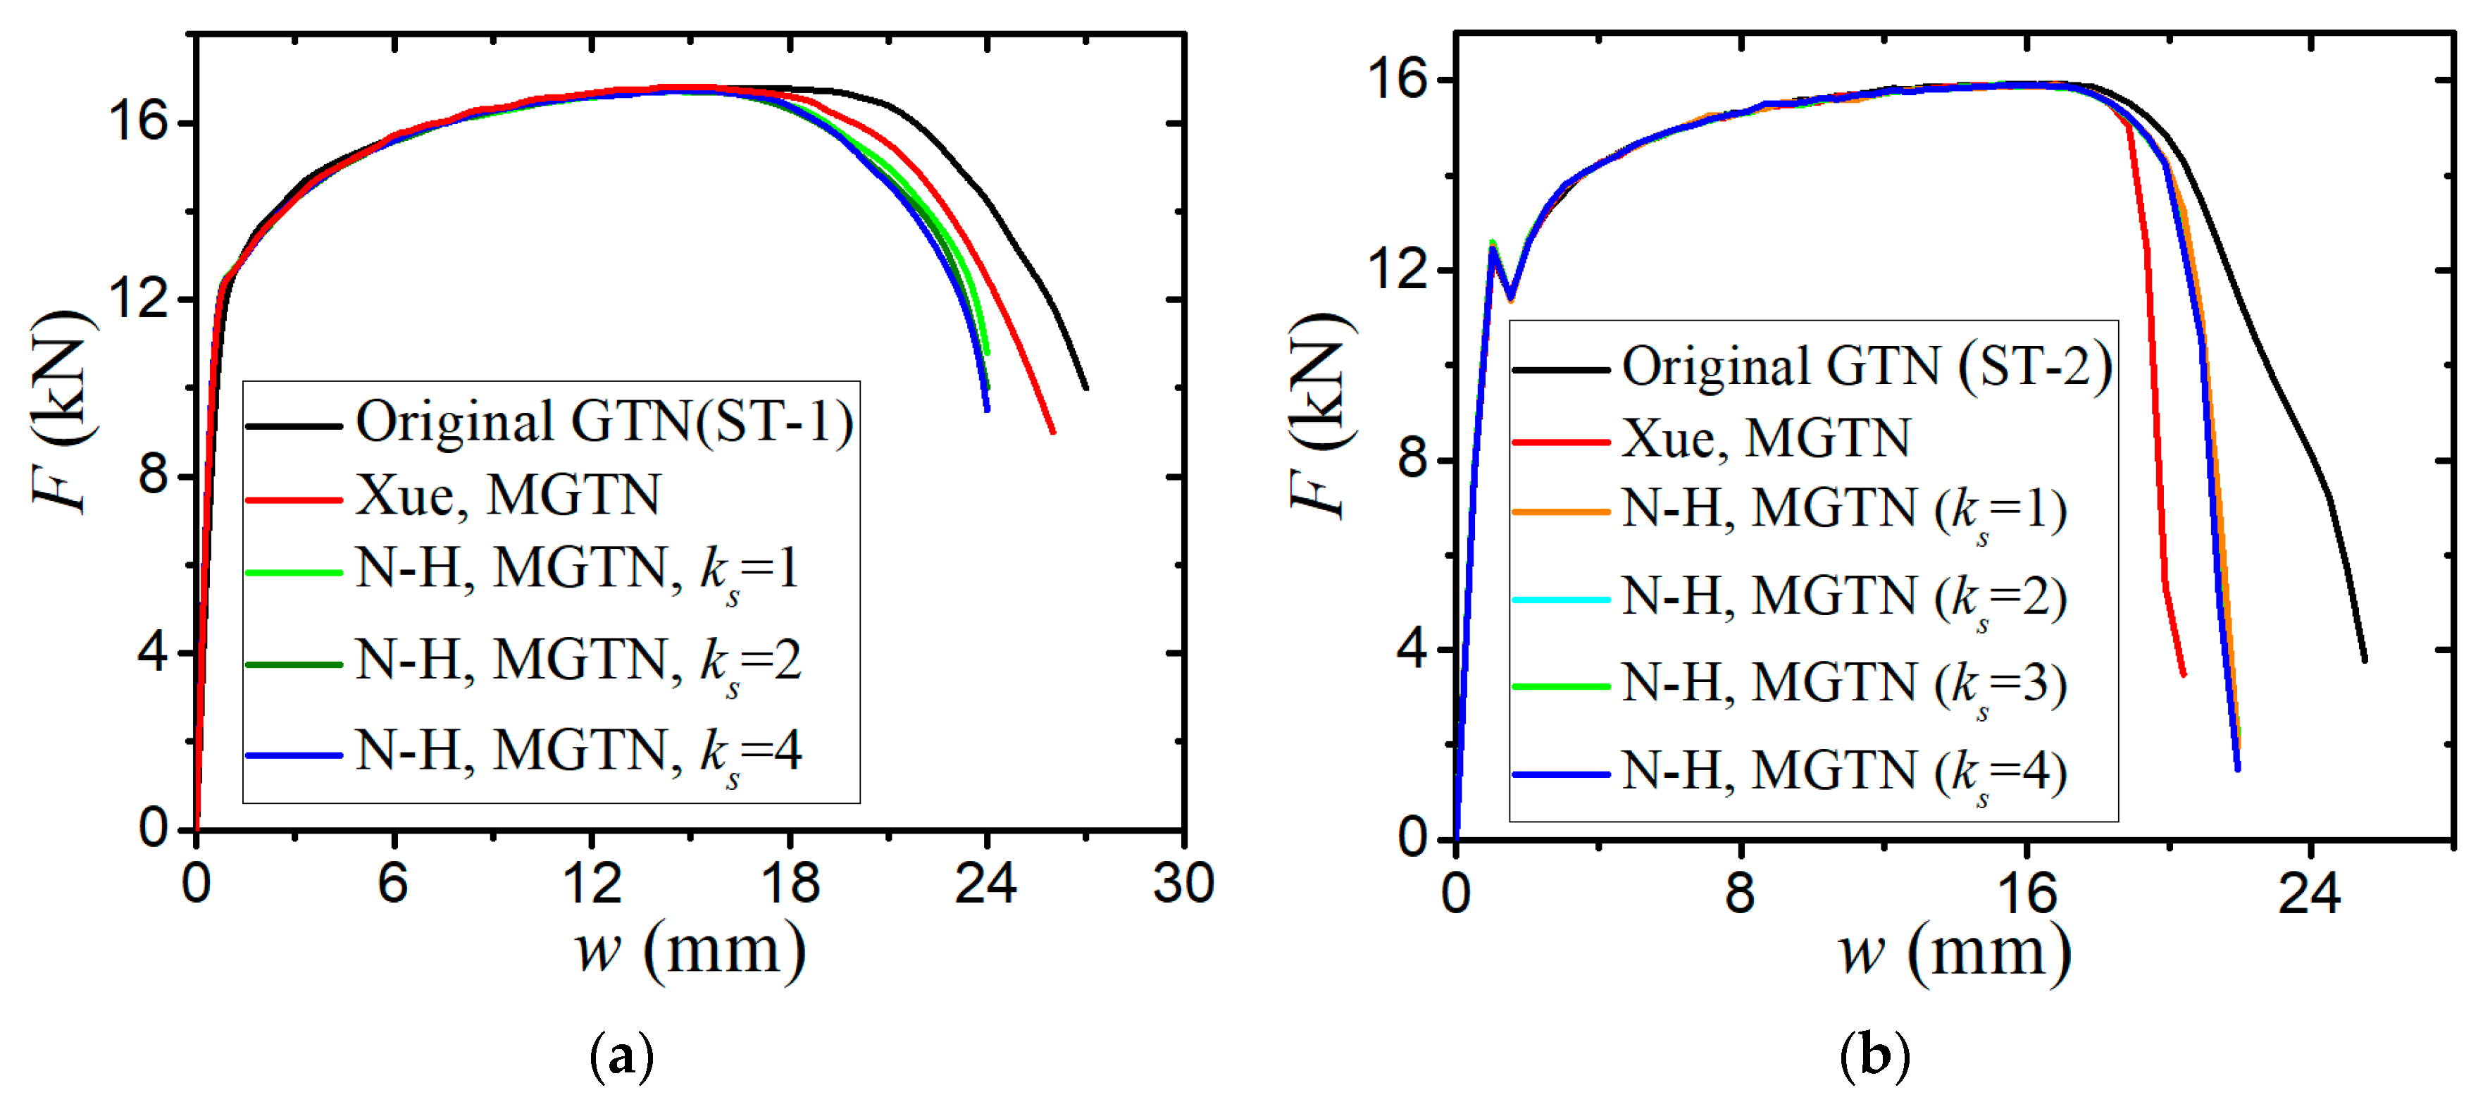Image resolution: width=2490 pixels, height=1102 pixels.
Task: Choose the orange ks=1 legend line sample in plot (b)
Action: coord(1560,510)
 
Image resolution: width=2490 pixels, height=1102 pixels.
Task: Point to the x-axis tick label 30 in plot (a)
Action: coord(1183,883)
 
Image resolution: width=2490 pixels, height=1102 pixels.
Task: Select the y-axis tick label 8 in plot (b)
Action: coord(1412,457)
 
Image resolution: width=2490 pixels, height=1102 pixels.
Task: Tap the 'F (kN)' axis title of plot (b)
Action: coord(1319,416)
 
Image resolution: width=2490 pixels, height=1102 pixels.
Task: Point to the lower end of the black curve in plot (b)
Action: coord(2365,660)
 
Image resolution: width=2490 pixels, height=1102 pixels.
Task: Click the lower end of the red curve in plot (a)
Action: coord(1052,432)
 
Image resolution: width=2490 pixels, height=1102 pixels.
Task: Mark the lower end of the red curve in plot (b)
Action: coord(2184,675)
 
